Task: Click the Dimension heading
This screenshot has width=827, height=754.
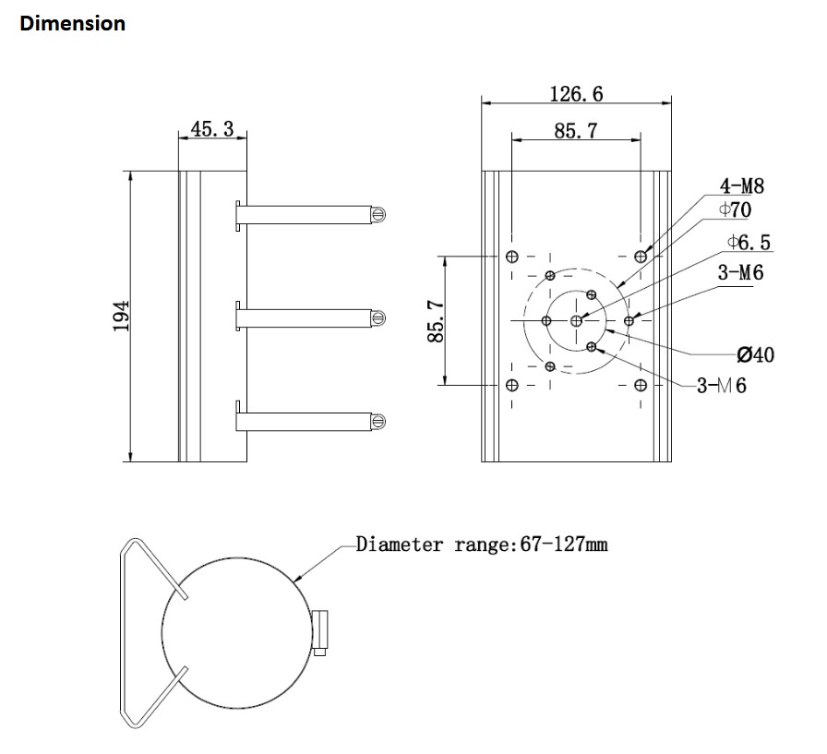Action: (73, 24)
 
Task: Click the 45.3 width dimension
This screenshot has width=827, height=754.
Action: (211, 129)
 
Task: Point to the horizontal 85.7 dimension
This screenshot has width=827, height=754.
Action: (576, 131)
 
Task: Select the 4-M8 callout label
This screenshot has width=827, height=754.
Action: (742, 187)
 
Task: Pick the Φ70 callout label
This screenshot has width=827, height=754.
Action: (735, 210)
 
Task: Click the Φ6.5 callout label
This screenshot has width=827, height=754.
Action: (749, 243)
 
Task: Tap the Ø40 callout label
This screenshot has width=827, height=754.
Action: (755, 355)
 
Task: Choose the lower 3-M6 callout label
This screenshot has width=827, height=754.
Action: (721, 386)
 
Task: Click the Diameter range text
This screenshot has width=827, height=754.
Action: (482, 545)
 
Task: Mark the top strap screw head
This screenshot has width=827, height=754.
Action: (378, 214)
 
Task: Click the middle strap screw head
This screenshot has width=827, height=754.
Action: (378, 317)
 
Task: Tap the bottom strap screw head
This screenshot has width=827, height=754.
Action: (378, 421)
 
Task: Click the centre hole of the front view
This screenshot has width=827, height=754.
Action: (577, 320)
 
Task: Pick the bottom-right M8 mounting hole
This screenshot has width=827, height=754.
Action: (641, 384)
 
